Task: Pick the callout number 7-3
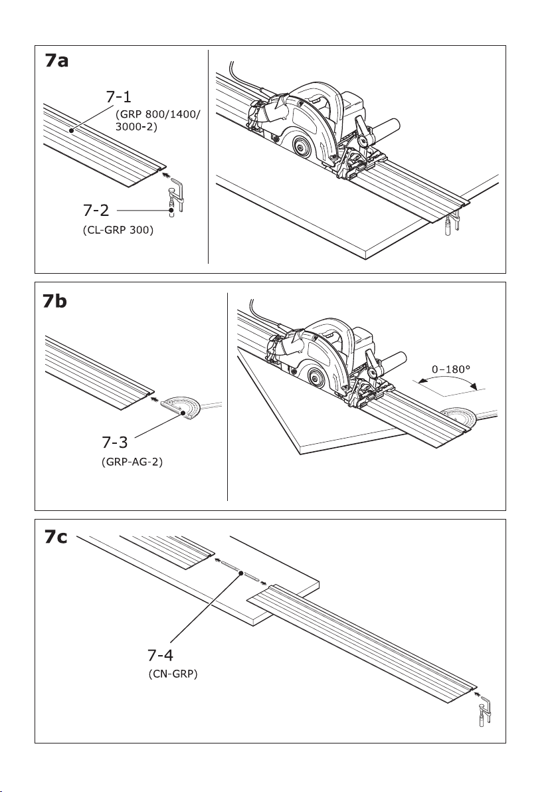(109, 441)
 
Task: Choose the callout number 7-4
(161, 656)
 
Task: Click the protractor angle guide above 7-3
(183, 407)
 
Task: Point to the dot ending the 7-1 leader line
(71, 131)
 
